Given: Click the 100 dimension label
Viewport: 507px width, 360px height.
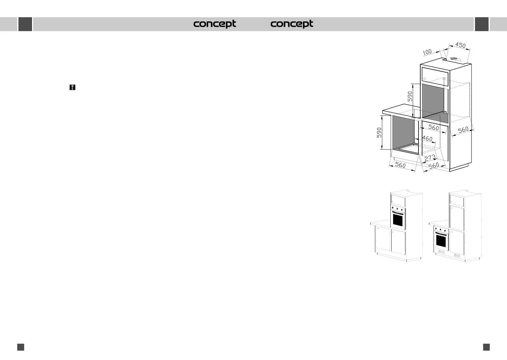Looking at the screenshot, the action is tap(427, 52).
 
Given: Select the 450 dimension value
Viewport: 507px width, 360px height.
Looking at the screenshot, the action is tap(460, 45).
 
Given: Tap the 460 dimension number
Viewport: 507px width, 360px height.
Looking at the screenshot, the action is tap(427, 139).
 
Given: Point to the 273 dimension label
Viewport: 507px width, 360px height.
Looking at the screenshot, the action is tap(430, 158).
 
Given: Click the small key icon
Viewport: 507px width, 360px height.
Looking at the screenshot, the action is tap(72, 88).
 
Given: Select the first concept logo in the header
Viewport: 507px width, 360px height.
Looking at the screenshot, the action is tap(215, 24).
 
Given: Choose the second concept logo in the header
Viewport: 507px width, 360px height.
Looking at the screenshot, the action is tap(292, 24).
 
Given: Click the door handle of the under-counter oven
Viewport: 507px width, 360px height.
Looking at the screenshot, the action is tap(441, 234).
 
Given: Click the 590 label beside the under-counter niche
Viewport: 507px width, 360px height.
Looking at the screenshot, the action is tap(379, 133).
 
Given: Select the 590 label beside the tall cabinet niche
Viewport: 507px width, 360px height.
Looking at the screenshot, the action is tap(410, 96).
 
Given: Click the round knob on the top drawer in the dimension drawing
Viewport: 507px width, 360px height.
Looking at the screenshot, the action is tap(425, 79).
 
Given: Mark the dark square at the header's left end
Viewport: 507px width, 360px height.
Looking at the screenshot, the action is tap(25, 24).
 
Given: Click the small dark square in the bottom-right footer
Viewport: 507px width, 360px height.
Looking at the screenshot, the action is tap(486, 347).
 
